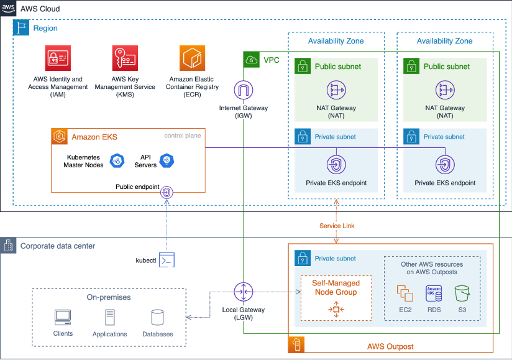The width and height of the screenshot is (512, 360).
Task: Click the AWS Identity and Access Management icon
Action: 58,58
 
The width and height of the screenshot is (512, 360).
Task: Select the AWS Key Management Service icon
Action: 124,58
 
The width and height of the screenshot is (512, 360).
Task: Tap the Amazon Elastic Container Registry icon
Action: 192,58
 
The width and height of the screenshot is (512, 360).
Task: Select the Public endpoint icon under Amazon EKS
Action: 167,193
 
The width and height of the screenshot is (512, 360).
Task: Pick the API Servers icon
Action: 166,161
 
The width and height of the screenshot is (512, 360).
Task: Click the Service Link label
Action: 336,226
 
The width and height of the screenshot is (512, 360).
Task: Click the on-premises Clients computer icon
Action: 63,318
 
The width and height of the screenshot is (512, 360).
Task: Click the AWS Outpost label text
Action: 390,346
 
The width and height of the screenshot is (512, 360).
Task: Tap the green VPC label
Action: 272,60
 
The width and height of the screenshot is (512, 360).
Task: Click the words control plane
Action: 183,136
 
